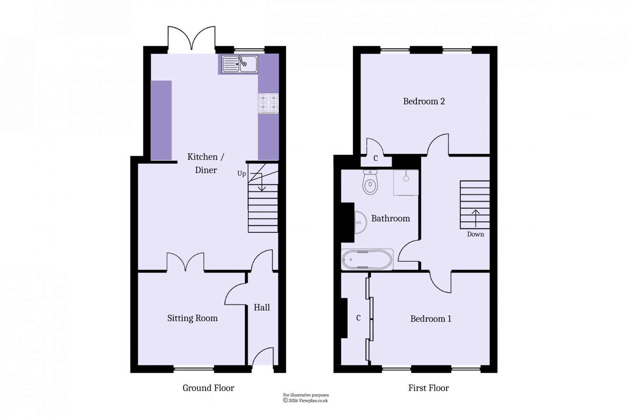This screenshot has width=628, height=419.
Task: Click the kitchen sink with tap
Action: pyautogui.click(x=240, y=64)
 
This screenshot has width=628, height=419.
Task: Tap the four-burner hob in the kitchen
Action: pyautogui.click(x=268, y=103)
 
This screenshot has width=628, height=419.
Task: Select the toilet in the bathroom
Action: pyautogui.click(x=370, y=183)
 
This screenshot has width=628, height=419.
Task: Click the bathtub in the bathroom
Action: pyautogui.click(x=367, y=259)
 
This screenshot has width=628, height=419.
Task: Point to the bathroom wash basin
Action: pyautogui.click(x=360, y=223)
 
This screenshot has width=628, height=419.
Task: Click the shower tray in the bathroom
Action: pyautogui.click(x=406, y=182)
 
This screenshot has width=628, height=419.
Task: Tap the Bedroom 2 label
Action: pyautogui.click(x=424, y=101)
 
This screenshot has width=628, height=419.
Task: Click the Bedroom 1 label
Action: pyautogui.click(x=430, y=319)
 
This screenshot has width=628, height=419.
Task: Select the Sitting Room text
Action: pyautogui.click(x=192, y=318)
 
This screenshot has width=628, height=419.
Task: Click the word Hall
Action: pyautogui.click(x=262, y=308)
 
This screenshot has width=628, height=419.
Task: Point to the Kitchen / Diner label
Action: pyautogui.click(x=205, y=163)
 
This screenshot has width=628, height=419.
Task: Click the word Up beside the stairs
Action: pyautogui.click(x=242, y=173)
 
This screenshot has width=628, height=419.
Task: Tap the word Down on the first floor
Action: pyautogui.click(x=475, y=234)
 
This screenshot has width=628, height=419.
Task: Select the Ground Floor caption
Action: pyautogui.click(x=208, y=388)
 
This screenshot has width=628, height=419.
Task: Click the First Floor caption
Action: pyautogui.click(x=428, y=388)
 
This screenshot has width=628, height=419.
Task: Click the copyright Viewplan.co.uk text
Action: pyautogui.click(x=306, y=400)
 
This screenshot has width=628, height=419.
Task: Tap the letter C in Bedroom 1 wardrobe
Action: pyautogui.click(x=358, y=318)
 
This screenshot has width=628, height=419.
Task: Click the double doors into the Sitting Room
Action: pyautogui.click(x=185, y=262)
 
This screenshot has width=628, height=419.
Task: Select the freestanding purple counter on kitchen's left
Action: pyautogui.click(x=161, y=120)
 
